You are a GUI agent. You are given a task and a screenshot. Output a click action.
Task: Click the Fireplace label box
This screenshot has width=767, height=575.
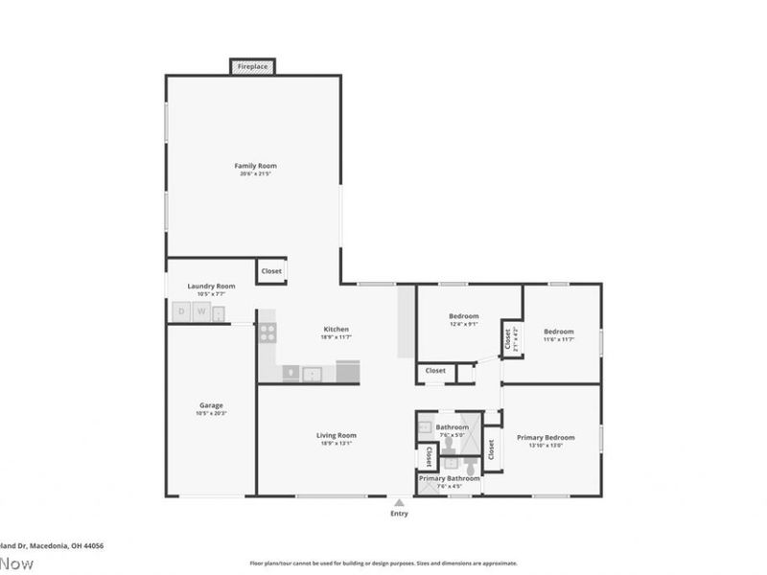tap(253, 67)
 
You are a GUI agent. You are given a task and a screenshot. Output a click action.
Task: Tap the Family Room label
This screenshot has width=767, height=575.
tap(255, 166)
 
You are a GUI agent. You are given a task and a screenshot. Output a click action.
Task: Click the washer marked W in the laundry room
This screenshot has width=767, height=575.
tap(202, 311)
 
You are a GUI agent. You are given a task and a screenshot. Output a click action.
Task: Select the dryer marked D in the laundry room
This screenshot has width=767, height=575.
tap(181, 311)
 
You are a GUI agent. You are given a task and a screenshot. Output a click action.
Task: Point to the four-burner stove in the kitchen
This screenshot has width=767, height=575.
tap(267, 333)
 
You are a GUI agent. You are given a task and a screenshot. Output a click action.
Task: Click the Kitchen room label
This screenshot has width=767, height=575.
tap(336, 329)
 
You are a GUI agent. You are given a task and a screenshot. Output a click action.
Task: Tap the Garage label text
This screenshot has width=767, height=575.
tap(211, 405)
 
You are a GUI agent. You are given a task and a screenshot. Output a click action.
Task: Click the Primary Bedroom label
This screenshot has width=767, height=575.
tap(546, 437)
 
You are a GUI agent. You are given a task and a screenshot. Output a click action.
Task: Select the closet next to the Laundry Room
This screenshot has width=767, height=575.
tap(271, 271)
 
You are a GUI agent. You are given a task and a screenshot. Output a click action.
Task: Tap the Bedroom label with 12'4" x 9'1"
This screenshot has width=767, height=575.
tap(463, 316)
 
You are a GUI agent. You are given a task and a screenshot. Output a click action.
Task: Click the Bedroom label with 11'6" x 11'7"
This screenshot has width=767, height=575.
tap(559, 332)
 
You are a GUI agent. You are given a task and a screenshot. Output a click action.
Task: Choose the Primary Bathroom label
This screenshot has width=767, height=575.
tap(449, 477)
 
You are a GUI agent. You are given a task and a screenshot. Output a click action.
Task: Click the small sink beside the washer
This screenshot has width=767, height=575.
tap(220, 312)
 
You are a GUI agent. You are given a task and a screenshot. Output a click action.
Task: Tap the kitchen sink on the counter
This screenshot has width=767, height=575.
tap(312, 373)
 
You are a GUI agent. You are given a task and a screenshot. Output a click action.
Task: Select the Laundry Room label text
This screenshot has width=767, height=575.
tap(211, 286)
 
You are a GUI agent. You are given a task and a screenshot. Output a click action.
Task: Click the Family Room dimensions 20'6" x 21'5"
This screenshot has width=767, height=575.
tap(255, 174)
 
